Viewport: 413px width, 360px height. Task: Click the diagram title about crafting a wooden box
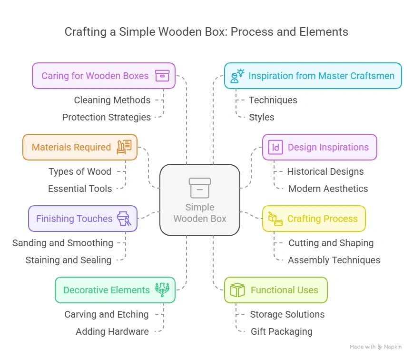point(206,32)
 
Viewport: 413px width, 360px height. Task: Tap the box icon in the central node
point(200,188)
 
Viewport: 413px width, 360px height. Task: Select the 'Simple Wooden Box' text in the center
point(200,213)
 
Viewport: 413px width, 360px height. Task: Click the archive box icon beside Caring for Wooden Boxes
point(162,76)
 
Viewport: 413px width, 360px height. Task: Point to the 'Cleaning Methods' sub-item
point(112,100)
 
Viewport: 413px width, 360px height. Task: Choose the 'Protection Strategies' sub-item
point(107,117)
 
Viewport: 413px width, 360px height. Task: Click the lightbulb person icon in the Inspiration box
point(237,76)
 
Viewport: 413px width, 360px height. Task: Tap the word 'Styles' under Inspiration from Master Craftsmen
point(262,117)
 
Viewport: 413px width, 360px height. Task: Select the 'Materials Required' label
point(71,147)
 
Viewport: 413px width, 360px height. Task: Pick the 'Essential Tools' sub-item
point(80,189)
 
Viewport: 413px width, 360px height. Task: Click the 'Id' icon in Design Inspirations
point(275,147)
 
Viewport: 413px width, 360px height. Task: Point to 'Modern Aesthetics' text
point(328,189)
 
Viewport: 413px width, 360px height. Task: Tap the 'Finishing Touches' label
point(74,219)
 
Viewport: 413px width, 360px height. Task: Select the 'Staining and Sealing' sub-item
point(69,260)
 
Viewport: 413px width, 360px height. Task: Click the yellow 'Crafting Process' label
point(322,219)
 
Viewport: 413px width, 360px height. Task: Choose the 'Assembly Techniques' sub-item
point(334,260)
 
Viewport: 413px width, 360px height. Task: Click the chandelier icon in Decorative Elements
point(162,290)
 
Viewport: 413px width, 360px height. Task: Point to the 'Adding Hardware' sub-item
point(112,331)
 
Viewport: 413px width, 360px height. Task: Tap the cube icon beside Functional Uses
point(237,290)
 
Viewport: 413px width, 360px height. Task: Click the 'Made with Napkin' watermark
point(375,347)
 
